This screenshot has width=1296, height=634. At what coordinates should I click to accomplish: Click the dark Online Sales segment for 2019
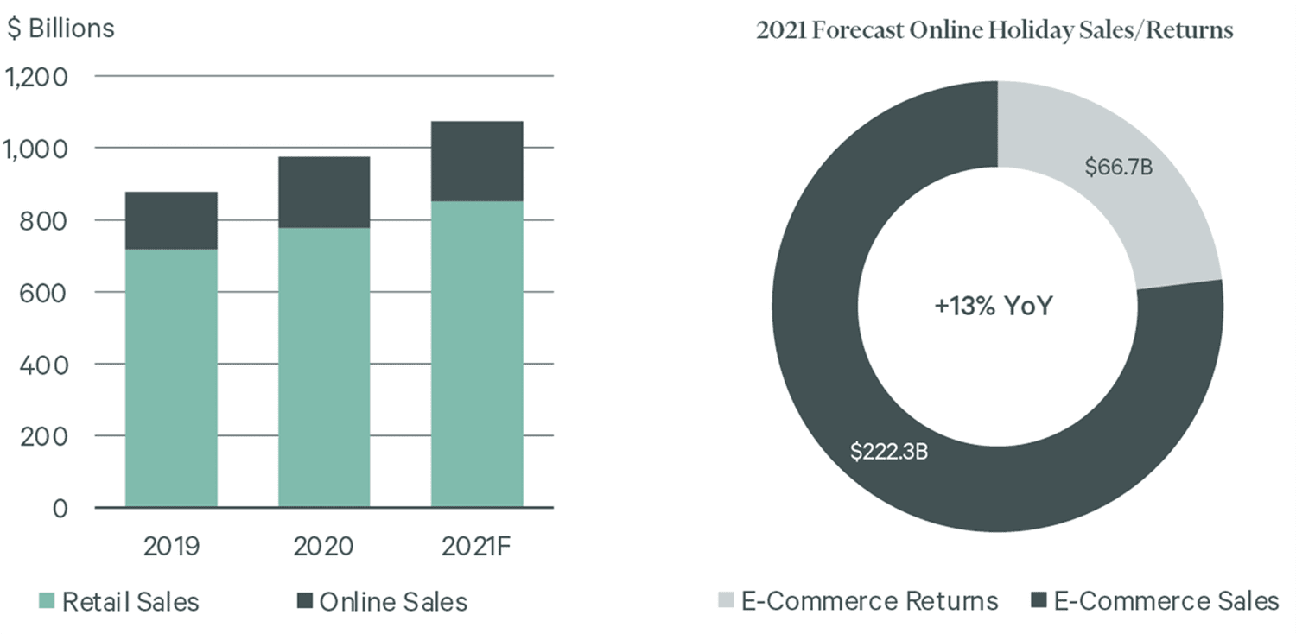pyautogui.click(x=171, y=220)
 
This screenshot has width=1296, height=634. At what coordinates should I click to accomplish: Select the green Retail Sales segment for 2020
pyautogui.click(x=324, y=367)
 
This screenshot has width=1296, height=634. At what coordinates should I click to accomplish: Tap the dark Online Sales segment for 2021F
pyautogui.click(x=477, y=162)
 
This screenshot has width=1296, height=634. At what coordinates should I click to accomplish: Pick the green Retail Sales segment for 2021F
pyautogui.click(x=477, y=354)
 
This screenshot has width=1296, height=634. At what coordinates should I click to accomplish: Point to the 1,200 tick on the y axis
pyautogui.click(x=36, y=78)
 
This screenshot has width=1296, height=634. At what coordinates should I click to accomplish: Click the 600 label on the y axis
pyautogui.click(x=43, y=294)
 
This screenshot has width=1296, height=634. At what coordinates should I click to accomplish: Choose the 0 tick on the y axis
pyautogui.click(x=60, y=509)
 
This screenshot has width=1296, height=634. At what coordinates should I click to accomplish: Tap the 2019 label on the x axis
pyautogui.click(x=171, y=546)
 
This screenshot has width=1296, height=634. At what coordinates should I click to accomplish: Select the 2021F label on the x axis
pyautogui.click(x=477, y=546)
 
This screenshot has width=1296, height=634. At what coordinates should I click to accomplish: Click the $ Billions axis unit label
pyautogui.click(x=60, y=29)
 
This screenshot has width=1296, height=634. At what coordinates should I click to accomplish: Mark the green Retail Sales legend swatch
pyautogui.click(x=47, y=601)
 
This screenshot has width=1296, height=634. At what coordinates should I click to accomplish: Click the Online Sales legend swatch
pyautogui.click(x=305, y=601)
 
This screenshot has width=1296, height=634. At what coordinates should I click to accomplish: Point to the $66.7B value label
pyautogui.click(x=1118, y=168)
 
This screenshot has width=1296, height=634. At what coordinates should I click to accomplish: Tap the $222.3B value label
pyautogui.click(x=889, y=451)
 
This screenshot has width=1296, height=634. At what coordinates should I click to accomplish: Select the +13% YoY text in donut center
pyautogui.click(x=994, y=306)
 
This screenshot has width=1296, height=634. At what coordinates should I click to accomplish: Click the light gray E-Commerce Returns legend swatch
pyautogui.click(x=726, y=599)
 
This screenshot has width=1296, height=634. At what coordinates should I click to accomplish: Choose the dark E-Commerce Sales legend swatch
pyautogui.click(x=1039, y=599)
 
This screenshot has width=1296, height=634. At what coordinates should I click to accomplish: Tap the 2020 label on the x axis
pyautogui.click(x=323, y=546)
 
